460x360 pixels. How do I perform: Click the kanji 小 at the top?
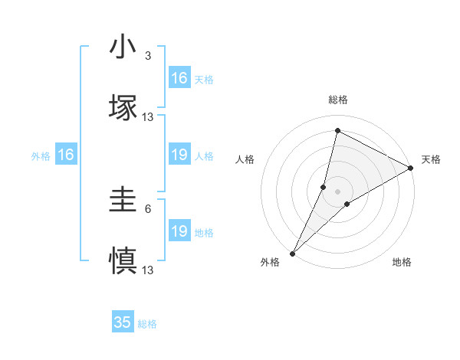pyautogui.click(x=123, y=47)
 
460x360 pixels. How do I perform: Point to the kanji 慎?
pyautogui.click(x=123, y=260)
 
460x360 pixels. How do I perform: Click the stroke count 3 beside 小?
pyautogui.click(x=148, y=57)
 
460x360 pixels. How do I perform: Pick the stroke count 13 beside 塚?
pyautogui.click(x=148, y=116)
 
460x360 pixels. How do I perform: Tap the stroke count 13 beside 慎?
pyautogui.click(x=148, y=270)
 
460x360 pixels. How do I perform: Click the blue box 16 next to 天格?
pyautogui.click(x=179, y=78)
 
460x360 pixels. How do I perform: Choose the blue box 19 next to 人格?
pyautogui.click(x=179, y=155)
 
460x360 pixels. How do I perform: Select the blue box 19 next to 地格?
pyautogui.click(x=179, y=231)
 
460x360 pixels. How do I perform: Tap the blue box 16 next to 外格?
pyautogui.click(x=66, y=155)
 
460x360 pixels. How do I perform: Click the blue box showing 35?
pyautogui.click(x=123, y=322)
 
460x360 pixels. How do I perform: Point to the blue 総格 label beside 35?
pyautogui.click(x=147, y=324)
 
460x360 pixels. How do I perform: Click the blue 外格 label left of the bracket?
pyautogui.click(x=41, y=156)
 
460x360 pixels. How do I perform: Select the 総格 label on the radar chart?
pyautogui.click(x=338, y=100)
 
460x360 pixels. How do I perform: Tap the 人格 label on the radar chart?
pyautogui.click(x=245, y=159)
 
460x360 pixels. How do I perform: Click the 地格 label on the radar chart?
pyautogui.click(x=402, y=262)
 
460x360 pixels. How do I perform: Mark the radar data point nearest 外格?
pyautogui.click(x=292, y=254)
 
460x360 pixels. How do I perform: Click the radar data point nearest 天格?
pyautogui.click(x=411, y=169)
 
